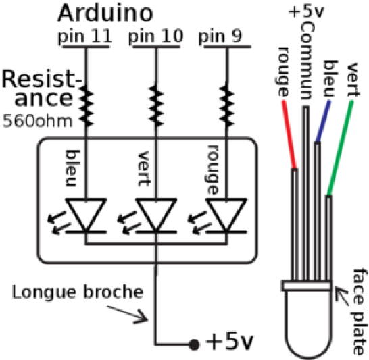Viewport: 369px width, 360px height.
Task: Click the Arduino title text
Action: [x=105, y=14]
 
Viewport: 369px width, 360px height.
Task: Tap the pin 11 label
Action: [x=84, y=36]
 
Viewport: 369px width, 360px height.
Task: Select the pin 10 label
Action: [x=155, y=36]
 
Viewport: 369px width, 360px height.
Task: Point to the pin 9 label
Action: [x=220, y=36]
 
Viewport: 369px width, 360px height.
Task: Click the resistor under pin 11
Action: [x=86, y=106]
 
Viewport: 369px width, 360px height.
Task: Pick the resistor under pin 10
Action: [x=156, y=106]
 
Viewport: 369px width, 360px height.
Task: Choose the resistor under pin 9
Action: [x=226, y=106]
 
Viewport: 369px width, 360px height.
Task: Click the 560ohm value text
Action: [x=37, y=122]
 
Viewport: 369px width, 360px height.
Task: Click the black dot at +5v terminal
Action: [x=194, y=344]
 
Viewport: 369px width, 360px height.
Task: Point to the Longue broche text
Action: [x=78, y=292]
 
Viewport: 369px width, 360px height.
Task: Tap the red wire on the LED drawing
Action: [x=289, y=134]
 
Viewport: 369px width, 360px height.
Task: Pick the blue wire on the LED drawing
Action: [x=323, y=121]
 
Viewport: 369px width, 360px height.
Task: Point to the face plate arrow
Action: [x=342, y=297]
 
